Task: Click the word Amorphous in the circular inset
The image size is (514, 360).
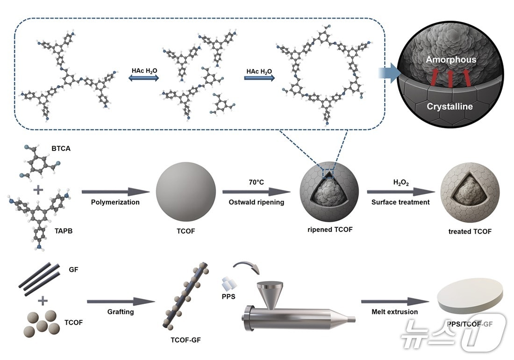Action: coord(450,60)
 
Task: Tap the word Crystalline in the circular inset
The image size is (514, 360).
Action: coord(450,107)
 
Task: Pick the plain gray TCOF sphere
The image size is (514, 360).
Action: coord(186,191)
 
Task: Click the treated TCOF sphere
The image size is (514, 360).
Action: coord(470,193)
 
